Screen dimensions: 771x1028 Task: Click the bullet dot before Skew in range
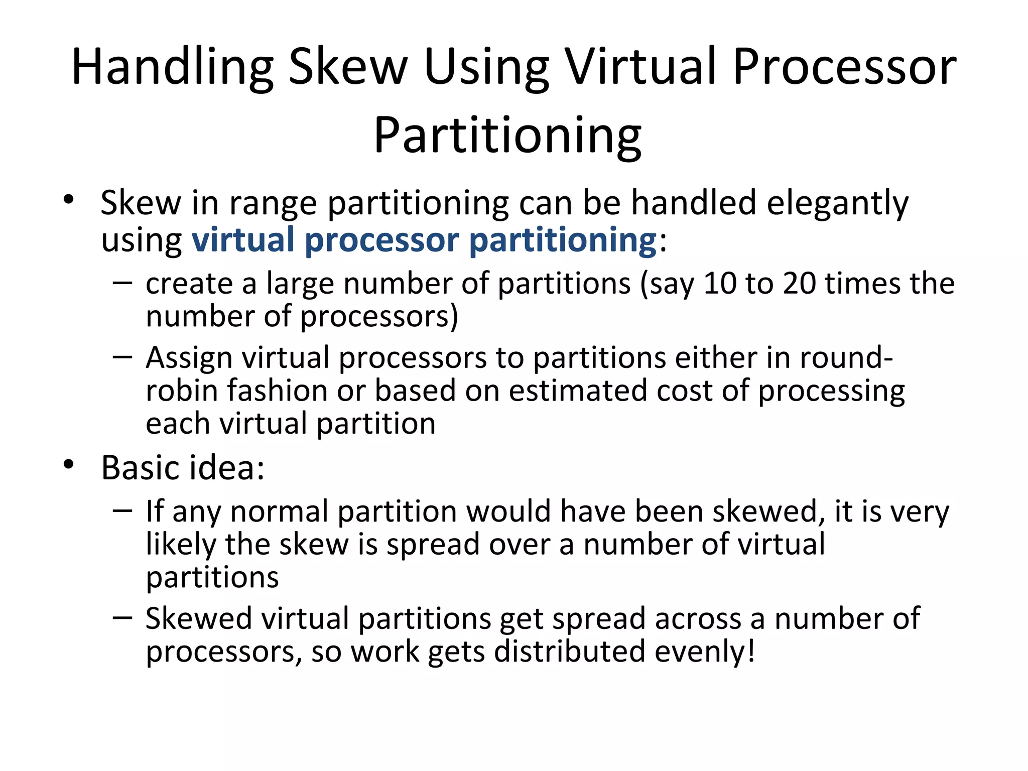[x=69, y=200]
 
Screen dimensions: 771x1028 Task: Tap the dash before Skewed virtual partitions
[x=122, y=617]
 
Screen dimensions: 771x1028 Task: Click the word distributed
[x=569, y=652]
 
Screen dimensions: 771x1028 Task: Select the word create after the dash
[x=189, y=284]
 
